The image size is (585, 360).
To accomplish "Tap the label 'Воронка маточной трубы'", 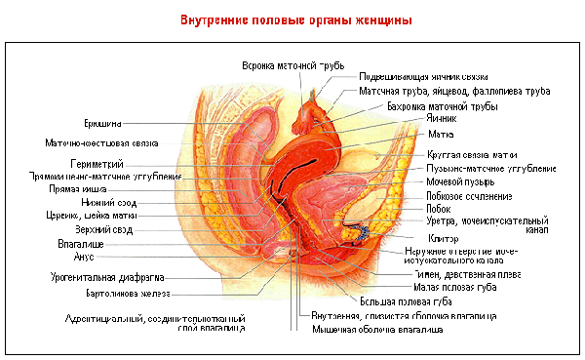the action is [x=293, y=65].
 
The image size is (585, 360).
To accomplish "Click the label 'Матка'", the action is [x=440, y=134].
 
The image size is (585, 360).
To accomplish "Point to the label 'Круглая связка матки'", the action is [x=472, y=155].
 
